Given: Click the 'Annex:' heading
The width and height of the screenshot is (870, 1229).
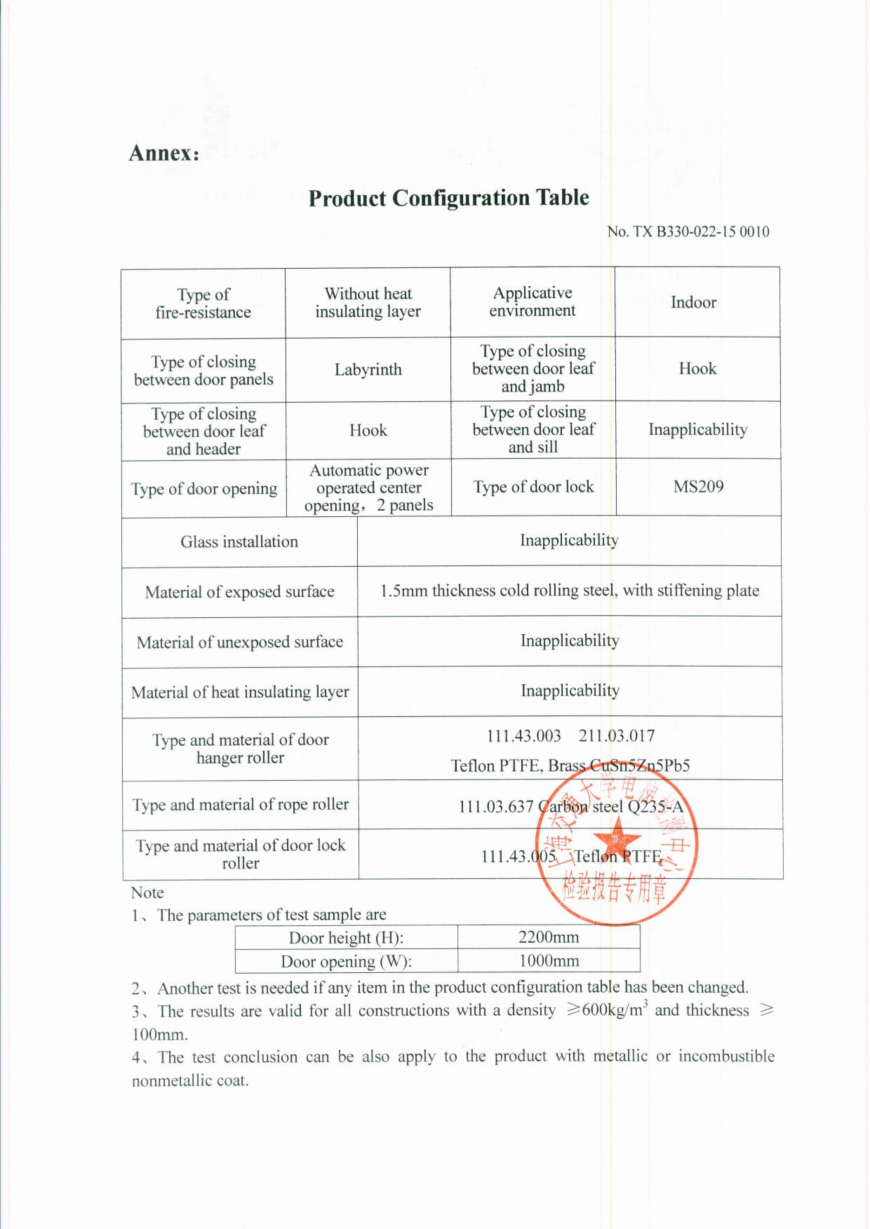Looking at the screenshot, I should coord(164,153).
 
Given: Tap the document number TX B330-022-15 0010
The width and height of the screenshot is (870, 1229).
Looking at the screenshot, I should coord(688,232).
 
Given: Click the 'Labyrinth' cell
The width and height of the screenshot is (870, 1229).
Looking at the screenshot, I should coord(368,369).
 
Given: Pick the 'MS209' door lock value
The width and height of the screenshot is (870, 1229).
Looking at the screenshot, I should coord(698,487).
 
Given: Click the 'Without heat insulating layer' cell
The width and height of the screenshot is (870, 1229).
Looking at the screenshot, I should coord(368,303).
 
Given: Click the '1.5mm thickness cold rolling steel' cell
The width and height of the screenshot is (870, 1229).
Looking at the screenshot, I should coord(569,591).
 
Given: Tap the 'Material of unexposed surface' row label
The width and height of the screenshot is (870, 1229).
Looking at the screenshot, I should coord(240,642).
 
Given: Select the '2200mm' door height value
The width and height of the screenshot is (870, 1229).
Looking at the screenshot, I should coord(549,937).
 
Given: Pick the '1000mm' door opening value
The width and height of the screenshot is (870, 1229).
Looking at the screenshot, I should coord(549,961).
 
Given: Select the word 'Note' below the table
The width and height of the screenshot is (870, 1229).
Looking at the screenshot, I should coord(147,893).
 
